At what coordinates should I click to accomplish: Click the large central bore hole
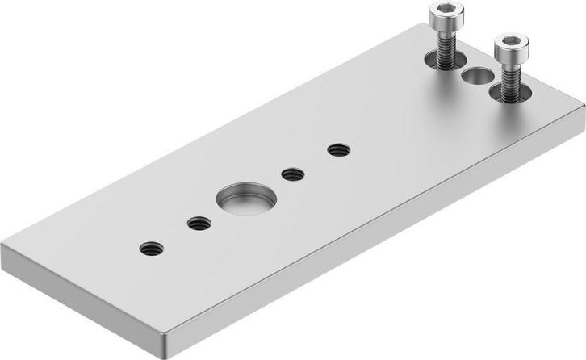pyautogui.click(x=246, y=199)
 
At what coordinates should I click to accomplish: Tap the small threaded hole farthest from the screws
pyautogui.click(x=151, y=249)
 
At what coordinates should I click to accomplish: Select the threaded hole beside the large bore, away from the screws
pyautogui.click(x=199, y=224)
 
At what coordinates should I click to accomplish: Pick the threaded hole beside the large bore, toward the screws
pyautogui.click(x=293, y=174)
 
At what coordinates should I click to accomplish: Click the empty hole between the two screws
pyautogui.click(x=478, y=77)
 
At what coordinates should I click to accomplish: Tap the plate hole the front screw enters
pyautogui.click(x=510, y=93)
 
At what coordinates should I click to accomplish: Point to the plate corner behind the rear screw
pyautogui.click(x=421, y=25)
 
